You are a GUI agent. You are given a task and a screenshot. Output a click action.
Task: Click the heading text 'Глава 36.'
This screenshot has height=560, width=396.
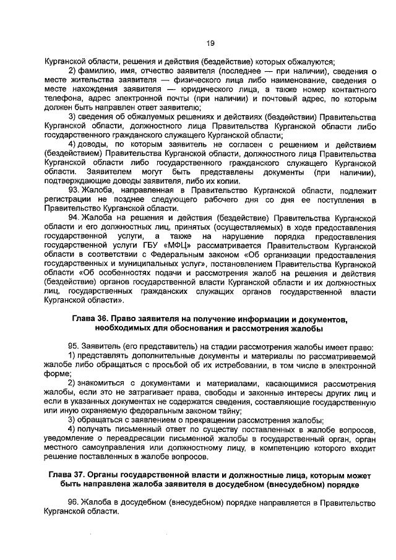tap(92, 318)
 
